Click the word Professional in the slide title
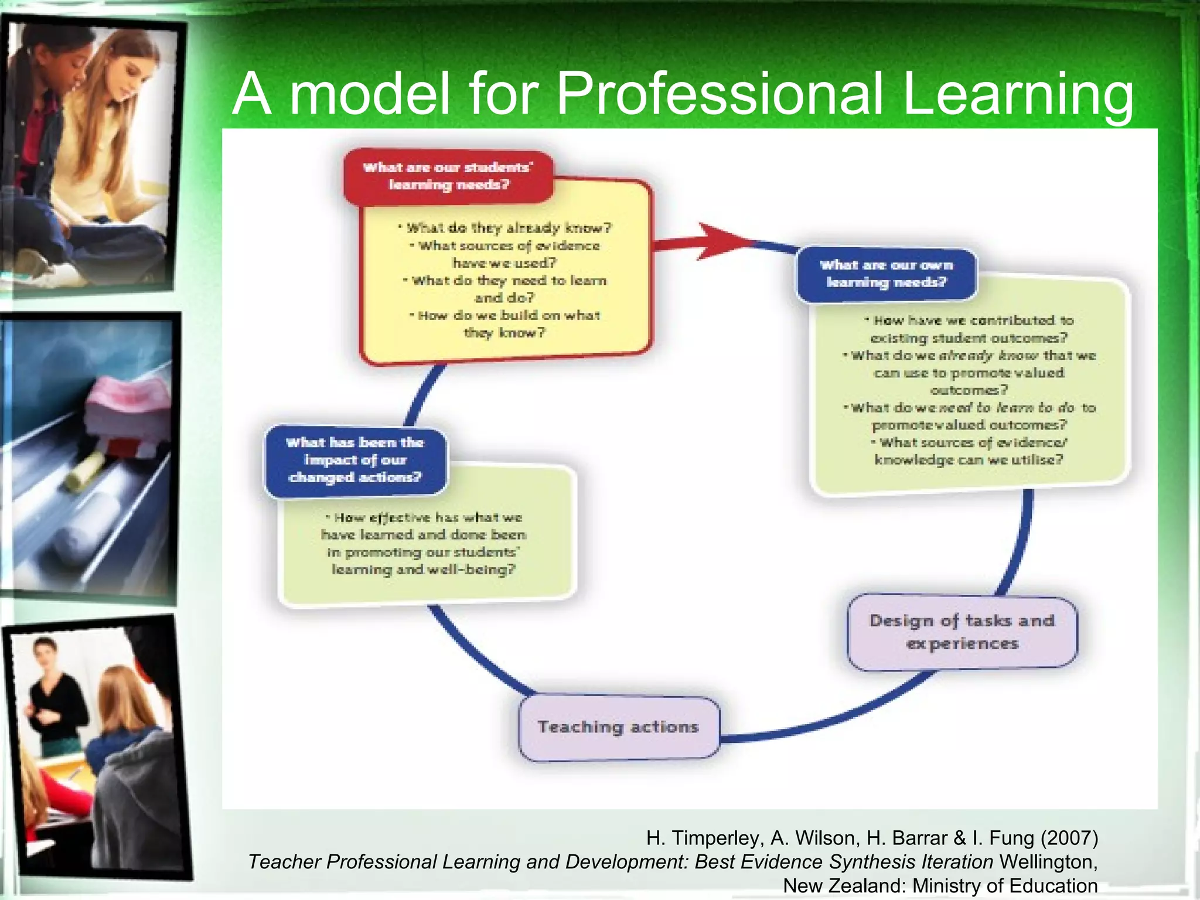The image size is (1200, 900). pos(719,94)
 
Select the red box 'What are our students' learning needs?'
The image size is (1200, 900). pos(448,176)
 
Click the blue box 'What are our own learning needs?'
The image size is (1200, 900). pos(886,274)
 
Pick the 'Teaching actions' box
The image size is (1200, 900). pos(619,727)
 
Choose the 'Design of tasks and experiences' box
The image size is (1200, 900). pos(962,632)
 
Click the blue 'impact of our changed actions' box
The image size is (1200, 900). pos(355,460)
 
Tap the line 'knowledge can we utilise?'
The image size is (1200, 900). pos(969,460)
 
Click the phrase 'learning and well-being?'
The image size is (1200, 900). pos(423,570)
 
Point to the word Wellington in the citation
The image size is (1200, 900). pos(1047,862)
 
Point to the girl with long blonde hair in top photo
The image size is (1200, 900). pos(111,117)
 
